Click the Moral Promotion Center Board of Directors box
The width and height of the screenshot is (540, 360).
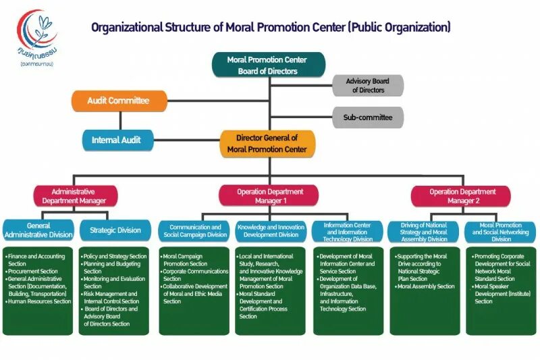point(267,65)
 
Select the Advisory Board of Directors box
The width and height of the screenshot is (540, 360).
point(367,86)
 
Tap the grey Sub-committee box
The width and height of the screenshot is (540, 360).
point(367,117)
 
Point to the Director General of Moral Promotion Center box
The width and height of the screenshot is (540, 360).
point(267,143)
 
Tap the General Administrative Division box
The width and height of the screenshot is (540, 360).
point(39,230)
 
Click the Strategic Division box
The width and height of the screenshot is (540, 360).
point(115,230)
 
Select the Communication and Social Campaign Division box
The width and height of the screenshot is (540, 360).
point(195,231)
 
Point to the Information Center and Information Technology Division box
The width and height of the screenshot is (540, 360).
point(348,231)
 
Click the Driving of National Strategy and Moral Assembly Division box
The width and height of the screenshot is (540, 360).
point(425,231)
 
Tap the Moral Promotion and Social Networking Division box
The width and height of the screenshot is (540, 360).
point(501,231)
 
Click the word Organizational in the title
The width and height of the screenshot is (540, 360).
point(126,28)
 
